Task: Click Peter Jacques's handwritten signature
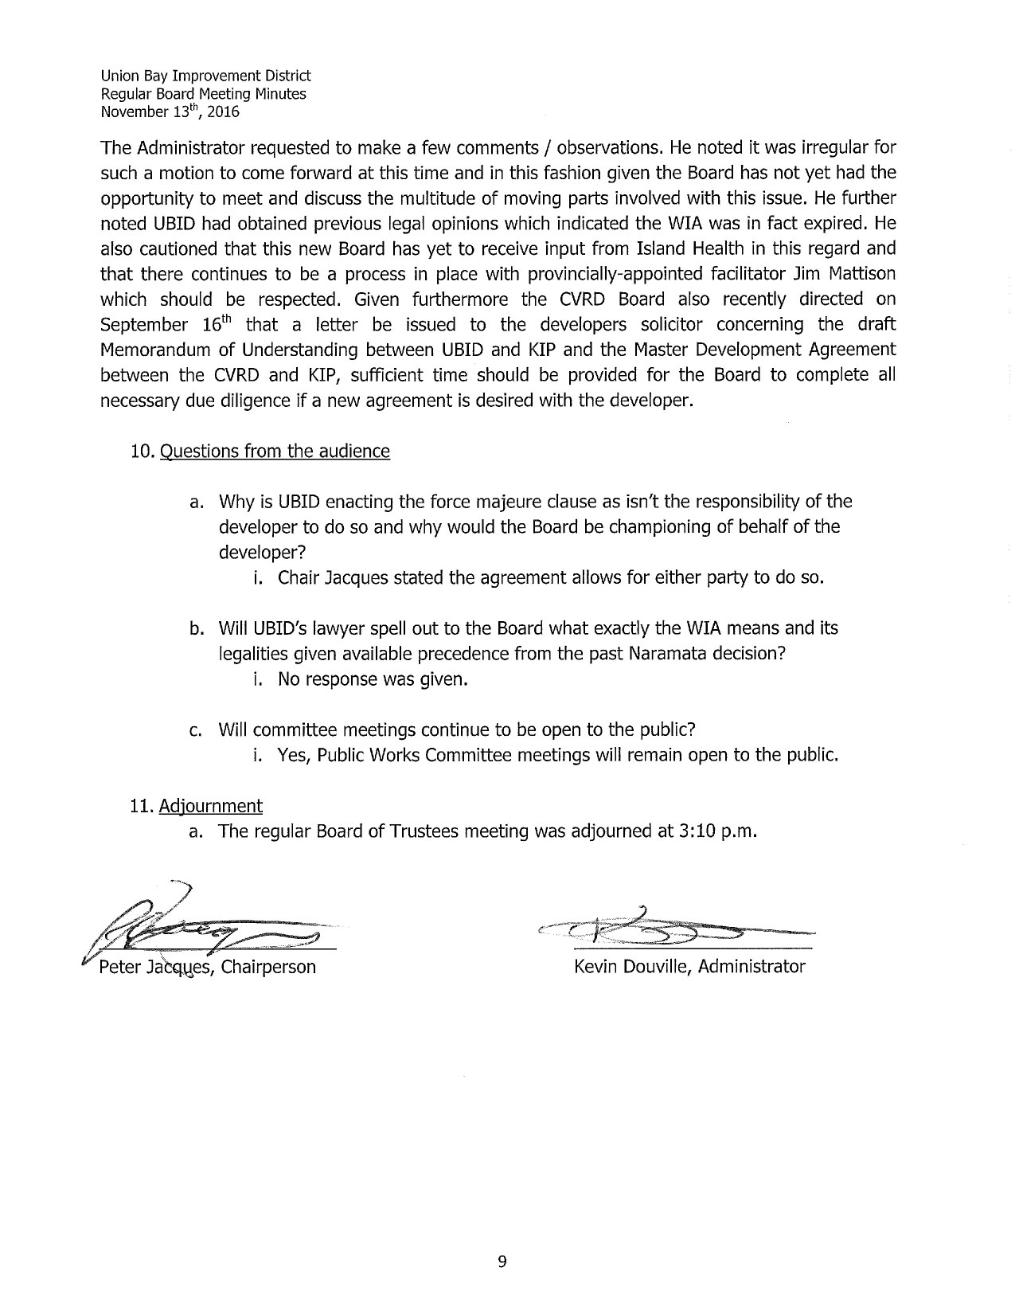[x=207, y=926]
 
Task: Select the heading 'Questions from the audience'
[x=275, y=452]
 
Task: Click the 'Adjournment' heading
[x=210, y=806]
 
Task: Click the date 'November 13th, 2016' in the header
[x=170, y=111]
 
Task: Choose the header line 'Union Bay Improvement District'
[x=205, y=76]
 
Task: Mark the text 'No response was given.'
[x=371, y=679]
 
